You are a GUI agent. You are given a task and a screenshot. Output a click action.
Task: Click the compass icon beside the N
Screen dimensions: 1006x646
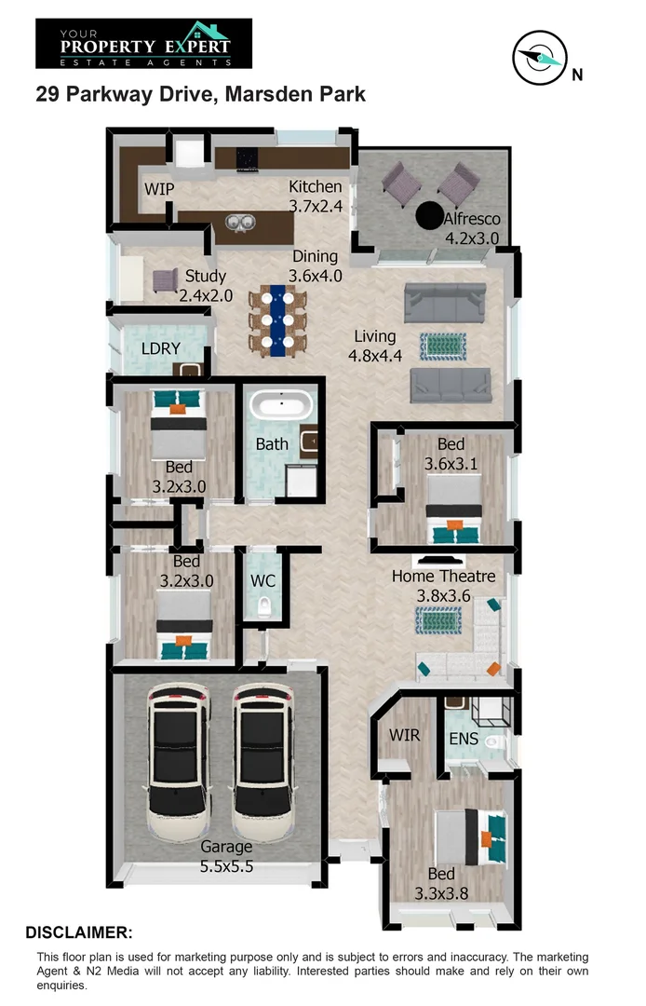(538, 58)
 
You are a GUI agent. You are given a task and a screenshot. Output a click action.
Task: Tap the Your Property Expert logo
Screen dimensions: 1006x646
(144, 44)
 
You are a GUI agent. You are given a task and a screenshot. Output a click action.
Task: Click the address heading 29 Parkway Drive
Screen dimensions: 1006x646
(200, 94)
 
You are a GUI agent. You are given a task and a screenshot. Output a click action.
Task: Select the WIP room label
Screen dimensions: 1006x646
(159, 189)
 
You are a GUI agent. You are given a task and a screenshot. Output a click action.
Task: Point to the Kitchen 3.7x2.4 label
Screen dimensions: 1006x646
(315, 196)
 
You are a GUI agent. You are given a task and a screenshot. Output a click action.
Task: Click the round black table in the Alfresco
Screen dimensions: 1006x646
(428, 215)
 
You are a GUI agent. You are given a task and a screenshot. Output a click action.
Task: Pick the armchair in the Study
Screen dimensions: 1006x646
(166, 279)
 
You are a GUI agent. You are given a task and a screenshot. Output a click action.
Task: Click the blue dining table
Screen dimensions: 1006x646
(277, 320)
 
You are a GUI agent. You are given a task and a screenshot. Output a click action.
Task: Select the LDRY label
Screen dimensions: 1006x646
(160, 349)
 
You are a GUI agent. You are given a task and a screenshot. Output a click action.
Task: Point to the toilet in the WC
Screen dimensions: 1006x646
(263, 607)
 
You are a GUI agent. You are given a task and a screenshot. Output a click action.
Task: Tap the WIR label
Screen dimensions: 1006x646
(405, 735)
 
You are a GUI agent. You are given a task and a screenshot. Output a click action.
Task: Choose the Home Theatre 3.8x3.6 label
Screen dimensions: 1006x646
(443, 586)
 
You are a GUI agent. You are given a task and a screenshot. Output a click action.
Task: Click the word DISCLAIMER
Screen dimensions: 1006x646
(79, 932)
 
